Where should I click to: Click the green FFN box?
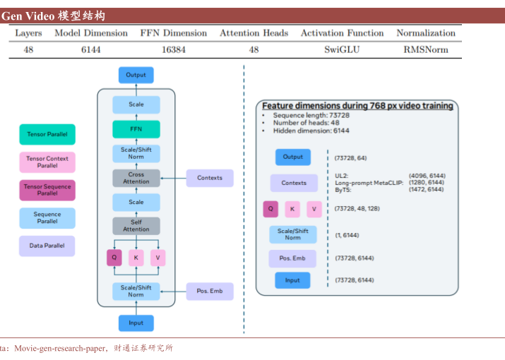tap(136, 129)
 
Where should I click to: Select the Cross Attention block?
tap(136, 178)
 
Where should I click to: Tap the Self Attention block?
tap(136, 226)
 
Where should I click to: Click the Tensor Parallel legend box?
tap(47, 134)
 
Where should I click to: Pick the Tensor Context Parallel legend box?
tap(47, 162)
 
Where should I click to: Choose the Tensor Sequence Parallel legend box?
tap(47, 190)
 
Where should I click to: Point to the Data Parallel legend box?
tap(47, 246)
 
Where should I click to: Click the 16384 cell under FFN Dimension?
tap(173, 50)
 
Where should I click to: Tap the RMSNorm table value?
tap(425, 50)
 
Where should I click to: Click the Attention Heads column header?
tap(254, 33)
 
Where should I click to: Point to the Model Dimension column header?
tap(91, 33)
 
